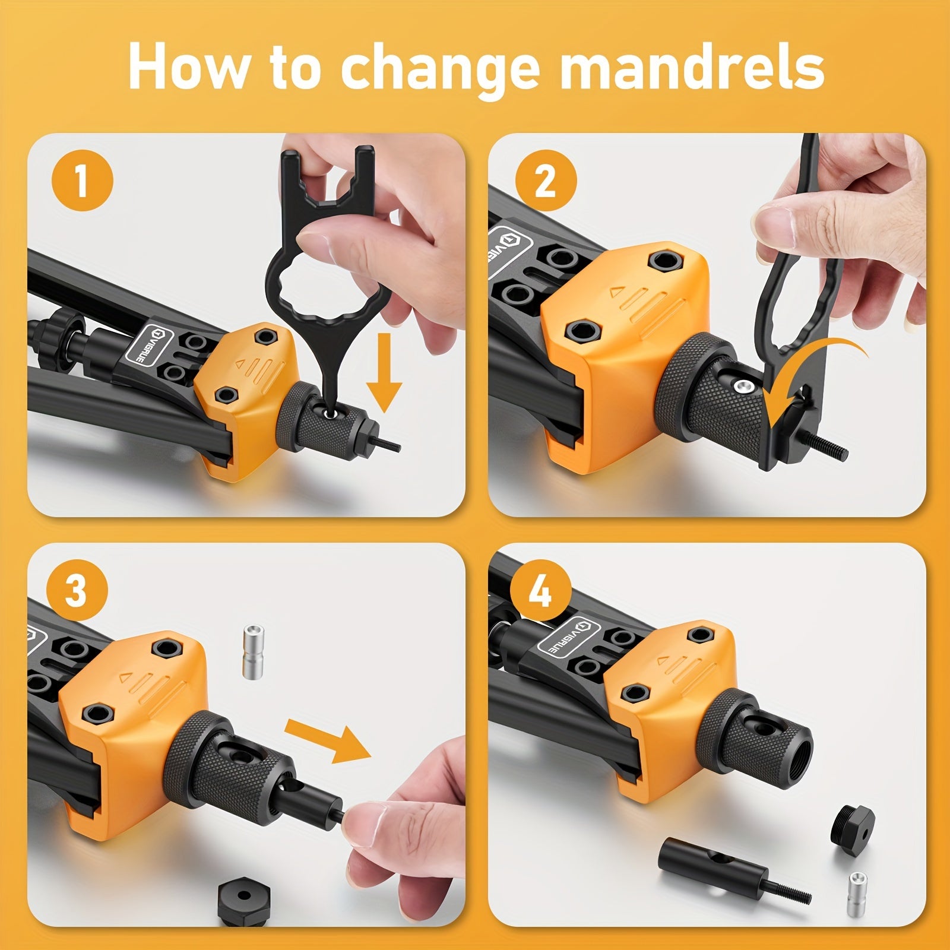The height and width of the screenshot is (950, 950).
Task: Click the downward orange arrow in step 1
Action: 384,372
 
